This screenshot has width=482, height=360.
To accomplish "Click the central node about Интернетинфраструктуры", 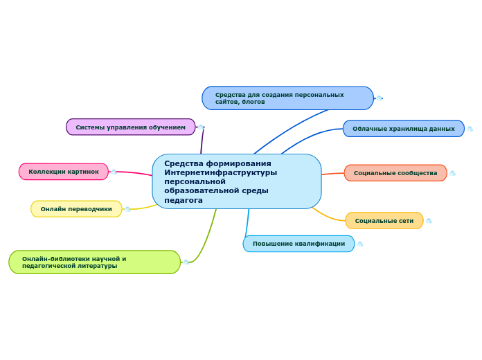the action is [237, 181].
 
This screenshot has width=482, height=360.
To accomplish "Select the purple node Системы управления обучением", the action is [131, 127].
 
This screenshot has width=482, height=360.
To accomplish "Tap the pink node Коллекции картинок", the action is [64, 172].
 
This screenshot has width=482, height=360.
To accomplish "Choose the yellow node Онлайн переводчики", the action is [76, 209].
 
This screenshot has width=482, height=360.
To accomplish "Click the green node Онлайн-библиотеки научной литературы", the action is [95, 262].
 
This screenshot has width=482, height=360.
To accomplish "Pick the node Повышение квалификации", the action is [298, 244].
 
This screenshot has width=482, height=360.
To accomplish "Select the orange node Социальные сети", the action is [384, 221].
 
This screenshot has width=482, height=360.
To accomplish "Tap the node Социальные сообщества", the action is [395, 173].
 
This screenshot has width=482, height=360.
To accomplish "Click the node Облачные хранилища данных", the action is [404, 129].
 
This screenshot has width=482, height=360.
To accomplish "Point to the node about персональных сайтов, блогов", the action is [287, 98].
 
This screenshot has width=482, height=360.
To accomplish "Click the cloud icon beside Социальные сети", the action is [429, 221].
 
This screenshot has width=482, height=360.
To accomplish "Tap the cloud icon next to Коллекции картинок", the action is [114, 172].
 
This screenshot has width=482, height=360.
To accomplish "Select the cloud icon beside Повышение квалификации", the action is [359, 244].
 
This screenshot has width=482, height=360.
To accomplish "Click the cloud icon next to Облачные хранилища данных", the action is [470, 129].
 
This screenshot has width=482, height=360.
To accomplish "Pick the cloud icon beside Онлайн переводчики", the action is [127, 209].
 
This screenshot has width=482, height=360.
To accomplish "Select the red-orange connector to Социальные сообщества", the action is [333, 174].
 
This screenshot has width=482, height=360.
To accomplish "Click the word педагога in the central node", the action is [184, 200].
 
